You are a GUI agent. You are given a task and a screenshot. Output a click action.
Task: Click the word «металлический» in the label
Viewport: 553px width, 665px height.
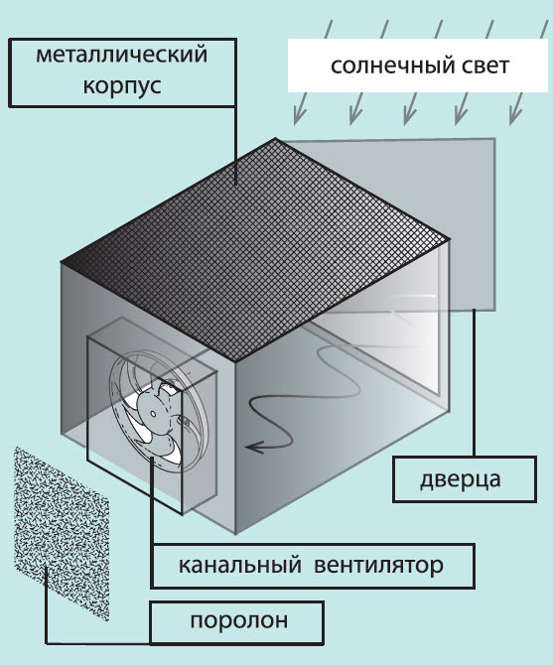point(122,55)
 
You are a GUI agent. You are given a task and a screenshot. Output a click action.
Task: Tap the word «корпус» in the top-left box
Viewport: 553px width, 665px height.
point(122,86)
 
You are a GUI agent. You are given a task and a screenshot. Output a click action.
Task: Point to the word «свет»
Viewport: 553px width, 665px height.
point(481,66)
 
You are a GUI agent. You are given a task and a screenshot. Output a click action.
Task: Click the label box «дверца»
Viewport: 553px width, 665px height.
point(465,479)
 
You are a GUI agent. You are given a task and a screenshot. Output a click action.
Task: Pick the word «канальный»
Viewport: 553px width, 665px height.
point(239,566)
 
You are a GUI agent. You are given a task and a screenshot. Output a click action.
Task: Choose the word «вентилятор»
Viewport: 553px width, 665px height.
point(378,566)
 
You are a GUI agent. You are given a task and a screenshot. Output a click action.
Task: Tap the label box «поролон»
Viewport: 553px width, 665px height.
point(237,621)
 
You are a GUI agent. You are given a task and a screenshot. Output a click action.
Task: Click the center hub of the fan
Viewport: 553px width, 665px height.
point(153,413)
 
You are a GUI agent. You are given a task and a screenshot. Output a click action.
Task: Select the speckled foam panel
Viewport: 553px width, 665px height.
point(62,533)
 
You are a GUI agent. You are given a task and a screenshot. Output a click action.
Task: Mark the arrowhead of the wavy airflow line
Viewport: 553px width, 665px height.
point(253,447)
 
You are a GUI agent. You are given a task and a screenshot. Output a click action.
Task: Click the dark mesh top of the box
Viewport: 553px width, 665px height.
point(254,250)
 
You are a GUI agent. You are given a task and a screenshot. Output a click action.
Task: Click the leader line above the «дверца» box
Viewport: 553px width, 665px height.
point(474,383)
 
